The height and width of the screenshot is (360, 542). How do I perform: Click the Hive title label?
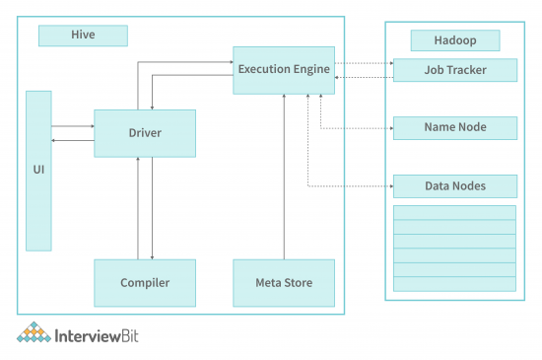83,36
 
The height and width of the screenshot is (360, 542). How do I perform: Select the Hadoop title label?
454,40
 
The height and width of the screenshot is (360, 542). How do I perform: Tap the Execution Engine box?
283,70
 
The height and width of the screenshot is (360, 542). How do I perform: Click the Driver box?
145,132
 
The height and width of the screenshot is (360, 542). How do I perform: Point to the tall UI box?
38,170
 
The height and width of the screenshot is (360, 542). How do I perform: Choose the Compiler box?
145,283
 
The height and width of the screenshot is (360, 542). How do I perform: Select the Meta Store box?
284,283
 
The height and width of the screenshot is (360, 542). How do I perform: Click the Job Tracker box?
454,70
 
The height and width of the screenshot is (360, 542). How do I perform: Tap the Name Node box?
454,128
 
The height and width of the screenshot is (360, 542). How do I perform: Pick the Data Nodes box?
454,185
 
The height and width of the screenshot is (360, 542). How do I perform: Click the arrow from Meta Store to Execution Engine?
284,178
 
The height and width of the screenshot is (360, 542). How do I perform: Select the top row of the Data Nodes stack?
454,212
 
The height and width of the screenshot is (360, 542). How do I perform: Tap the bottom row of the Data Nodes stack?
454,284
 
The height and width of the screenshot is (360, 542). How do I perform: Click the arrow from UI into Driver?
72,126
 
